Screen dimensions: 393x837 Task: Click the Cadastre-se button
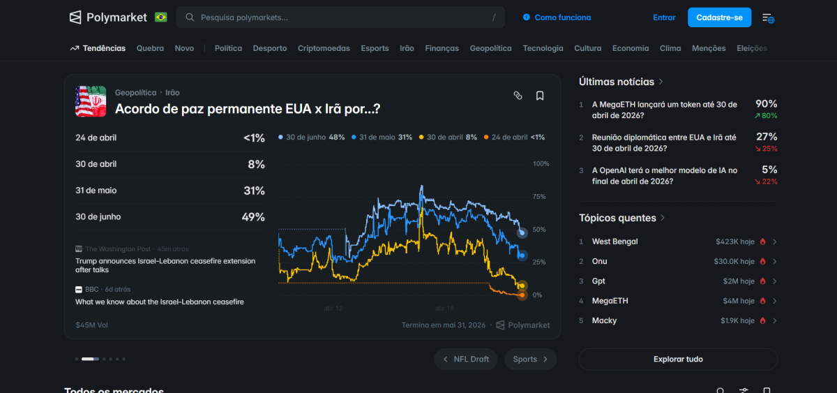tap(719, 17)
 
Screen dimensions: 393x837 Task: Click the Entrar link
tap(664, 17)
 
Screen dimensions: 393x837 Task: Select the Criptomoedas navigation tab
tap(324, 48)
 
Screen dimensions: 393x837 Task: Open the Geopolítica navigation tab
tap(490, 48)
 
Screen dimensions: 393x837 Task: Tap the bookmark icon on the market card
tap(540, 96)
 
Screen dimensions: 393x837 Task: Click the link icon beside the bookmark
tap(518, 96)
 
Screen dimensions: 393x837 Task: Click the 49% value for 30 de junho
tap(253, 217)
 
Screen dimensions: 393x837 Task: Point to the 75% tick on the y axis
tap(540, 197)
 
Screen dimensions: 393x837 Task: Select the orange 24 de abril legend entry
tap(514, 138)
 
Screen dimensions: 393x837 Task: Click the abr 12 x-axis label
tap(333, 308)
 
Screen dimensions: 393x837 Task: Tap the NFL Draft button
tap(465, 359)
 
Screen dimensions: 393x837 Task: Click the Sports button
tap(530, 359)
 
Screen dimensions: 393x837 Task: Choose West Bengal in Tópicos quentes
tap(614, 242)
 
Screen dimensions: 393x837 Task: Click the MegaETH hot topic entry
tap(610, 301)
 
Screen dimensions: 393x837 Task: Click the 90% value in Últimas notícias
tap(766, 104)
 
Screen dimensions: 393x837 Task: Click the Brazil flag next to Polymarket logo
tap(161, 17)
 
